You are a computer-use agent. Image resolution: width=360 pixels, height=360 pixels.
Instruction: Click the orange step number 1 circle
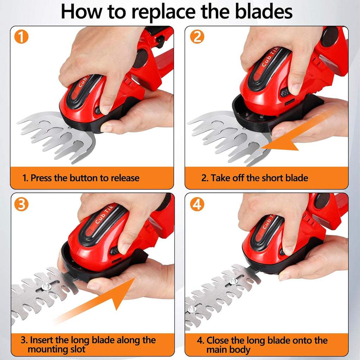[x=21, y=37]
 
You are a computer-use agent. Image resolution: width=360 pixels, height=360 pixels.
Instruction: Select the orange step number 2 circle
[x=197, y=37]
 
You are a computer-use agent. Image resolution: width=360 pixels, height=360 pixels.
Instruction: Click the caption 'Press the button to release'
[x=81, y=178]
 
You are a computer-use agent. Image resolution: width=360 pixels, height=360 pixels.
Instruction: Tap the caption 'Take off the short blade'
[x=255, y=178]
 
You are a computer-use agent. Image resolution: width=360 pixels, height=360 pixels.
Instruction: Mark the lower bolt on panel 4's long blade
[x=192, y=309]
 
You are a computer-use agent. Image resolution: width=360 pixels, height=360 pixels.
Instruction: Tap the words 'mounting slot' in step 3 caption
[x=56, y=350]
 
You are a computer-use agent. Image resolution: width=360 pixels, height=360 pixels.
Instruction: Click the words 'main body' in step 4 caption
[x=229, y=350]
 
